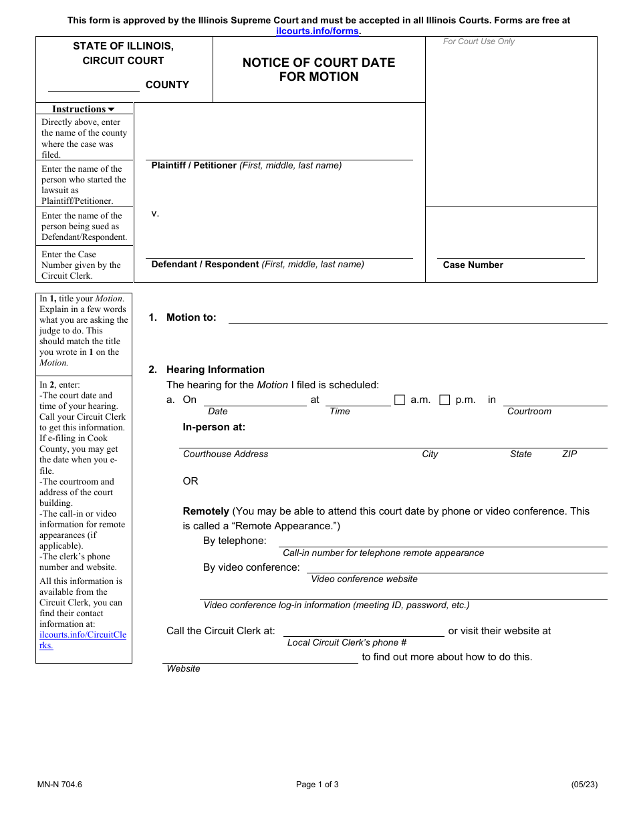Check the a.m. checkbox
[400, 400]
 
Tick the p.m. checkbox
[444, 400]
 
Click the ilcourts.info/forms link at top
[317, 31]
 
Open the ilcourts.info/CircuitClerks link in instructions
[82, 640]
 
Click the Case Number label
[473, 265]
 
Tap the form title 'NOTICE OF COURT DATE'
[319, 62]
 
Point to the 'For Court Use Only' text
[479, 41]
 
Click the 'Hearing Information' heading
[215, 370]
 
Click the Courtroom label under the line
[529, 411]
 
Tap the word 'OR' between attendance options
[190, 481]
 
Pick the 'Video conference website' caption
[364, 579]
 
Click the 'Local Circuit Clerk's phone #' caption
[347, 642]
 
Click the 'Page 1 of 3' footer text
[317, 785]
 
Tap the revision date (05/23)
[584, 785]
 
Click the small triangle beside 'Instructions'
[111, 109]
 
